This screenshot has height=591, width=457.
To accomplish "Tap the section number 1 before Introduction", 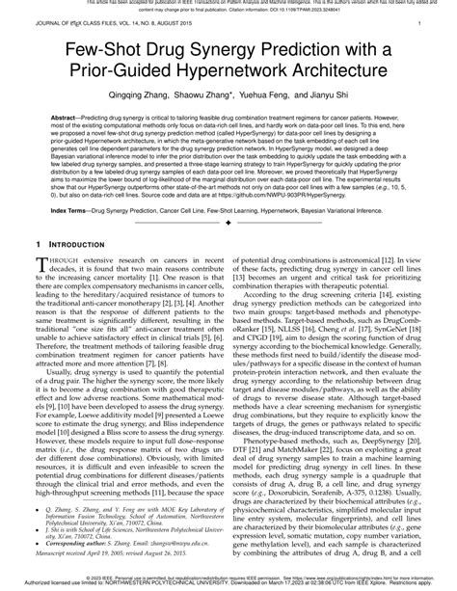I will (37, 275).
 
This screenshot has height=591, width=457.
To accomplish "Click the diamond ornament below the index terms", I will (228, 249).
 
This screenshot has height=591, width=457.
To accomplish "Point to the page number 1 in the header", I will (420, 22).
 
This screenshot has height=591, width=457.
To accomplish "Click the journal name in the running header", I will (104, 22).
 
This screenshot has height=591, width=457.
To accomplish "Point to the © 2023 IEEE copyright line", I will (228, 576).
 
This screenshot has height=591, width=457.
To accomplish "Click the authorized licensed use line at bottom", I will (228, 583).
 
